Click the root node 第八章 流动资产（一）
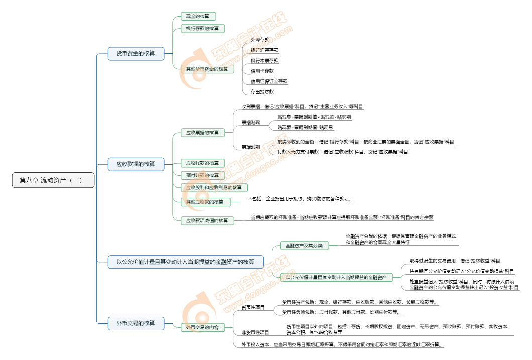(53, 180)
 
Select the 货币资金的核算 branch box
(136, 53)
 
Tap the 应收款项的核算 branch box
(136, 164)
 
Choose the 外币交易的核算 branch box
(136, 323)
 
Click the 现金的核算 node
(194, 17)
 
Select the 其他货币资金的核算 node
(207, 69)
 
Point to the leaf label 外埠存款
(260, 39)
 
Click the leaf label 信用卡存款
(262, 71)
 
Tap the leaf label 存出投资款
(262, 92)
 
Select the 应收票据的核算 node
(202, 133)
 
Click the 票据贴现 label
(250, 123)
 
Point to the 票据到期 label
(250, 147)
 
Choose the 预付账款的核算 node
(202, 175)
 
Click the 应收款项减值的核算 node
(207, 220)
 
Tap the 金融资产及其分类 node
(304, 246)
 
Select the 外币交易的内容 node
(202, 328)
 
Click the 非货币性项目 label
(255, 332)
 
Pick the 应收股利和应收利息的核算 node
(214, 187)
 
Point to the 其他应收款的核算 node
(205, 202)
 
